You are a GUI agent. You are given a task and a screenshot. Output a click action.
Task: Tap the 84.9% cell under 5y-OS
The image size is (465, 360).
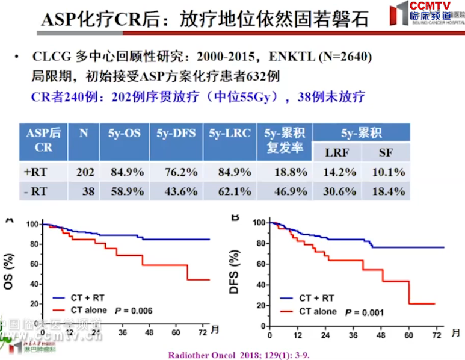point(127,172)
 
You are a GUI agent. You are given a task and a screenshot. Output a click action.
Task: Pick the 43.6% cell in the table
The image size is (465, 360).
point(180,191)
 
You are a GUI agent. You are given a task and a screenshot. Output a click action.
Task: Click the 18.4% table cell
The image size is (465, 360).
point(389,191)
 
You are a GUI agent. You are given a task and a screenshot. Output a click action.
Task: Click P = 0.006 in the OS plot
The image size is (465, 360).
point(134,311)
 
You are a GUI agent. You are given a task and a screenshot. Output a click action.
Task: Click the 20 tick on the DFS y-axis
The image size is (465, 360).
point(260,305)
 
